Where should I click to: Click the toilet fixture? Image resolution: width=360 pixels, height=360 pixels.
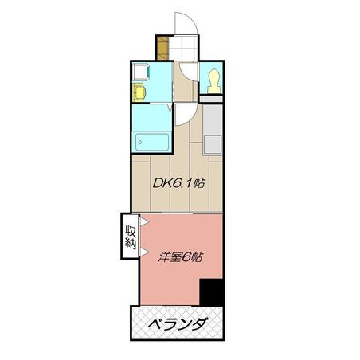[214, 81]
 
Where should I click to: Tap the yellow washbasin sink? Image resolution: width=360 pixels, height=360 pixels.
[139, 92]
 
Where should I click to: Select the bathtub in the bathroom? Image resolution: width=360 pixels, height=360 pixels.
[152, 142]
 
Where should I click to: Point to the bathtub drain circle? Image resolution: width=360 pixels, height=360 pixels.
[140, 143]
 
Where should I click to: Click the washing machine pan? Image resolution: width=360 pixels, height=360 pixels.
[141, 72]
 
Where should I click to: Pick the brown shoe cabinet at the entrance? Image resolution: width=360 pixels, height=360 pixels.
[162, 48]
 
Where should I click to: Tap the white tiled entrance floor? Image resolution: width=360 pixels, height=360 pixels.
[183, 48]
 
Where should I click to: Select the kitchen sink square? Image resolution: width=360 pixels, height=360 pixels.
[213, 144]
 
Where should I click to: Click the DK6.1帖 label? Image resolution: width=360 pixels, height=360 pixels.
[178, 183]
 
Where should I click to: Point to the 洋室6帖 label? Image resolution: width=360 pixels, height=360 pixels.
[181, 257]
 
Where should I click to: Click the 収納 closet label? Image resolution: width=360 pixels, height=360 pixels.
[131, 237]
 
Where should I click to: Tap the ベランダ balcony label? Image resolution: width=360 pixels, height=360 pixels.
[177, 323]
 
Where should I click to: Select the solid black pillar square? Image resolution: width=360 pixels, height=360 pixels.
[211, 292]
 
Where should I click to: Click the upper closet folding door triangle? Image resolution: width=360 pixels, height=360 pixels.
[143, 221]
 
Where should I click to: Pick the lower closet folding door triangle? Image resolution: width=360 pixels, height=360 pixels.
[143, 252]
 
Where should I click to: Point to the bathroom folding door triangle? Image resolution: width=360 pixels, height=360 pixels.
[170, 108]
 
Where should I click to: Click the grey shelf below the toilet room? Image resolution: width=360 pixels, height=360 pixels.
[211, 99]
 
